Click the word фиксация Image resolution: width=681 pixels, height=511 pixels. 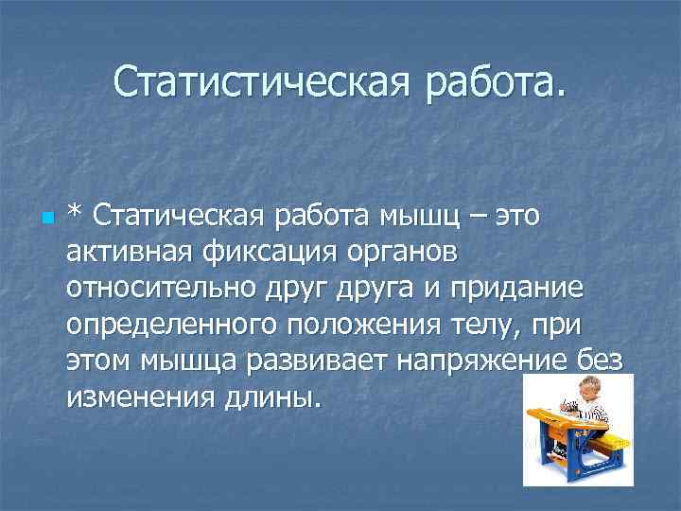(x=272, y=254)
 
